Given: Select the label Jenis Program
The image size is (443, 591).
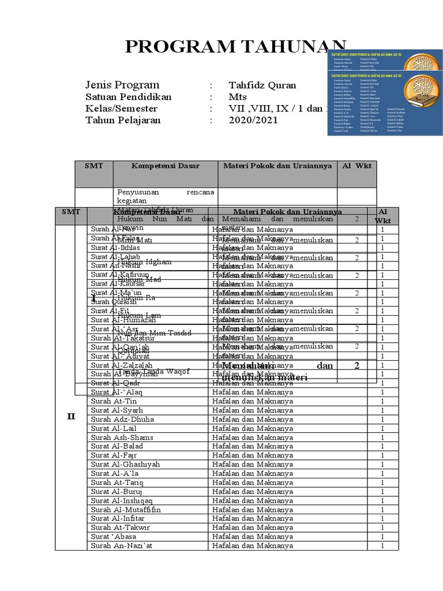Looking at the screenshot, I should [x=122, y=85].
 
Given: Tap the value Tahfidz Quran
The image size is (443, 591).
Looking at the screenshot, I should [x=262, y=85].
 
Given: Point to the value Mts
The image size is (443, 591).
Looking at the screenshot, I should [x=238, y=97].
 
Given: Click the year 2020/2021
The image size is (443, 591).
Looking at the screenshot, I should [x=253, y=120].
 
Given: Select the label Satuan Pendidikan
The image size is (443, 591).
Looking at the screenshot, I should [x=129, y=97].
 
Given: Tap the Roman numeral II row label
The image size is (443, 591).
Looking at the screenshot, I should [x=71, y=416].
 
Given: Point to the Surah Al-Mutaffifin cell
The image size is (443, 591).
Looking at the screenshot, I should [x=126, y=510].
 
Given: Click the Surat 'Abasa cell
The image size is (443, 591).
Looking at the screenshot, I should [x=114, y=536].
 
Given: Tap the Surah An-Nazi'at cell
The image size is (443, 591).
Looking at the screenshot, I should [x=122, y=545].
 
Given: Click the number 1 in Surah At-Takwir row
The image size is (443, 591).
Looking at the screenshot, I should [x=382, y=528].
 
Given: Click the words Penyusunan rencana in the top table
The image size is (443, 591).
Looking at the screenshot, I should [x=166, y=191].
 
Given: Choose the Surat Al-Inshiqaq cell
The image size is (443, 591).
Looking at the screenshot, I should [x=122, y=500].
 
